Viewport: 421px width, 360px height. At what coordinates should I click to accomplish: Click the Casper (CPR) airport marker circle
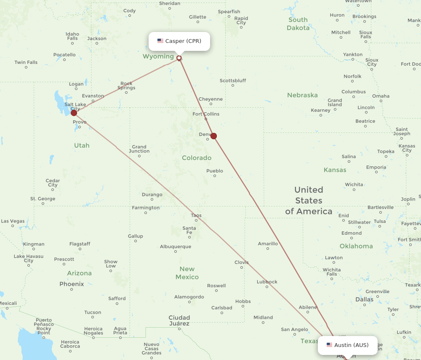click(x=179, y=58)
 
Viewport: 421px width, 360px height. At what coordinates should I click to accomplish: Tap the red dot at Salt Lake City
click(x=74, y=113)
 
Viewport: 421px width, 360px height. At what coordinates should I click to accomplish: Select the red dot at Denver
click(x=213, y=136)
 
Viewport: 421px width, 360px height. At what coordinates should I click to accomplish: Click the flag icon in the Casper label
click(x=160, y=41)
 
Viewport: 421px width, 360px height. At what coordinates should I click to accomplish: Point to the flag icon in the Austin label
click(x=329, y=345)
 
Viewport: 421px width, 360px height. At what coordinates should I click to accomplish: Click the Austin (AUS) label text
click(x=351, y=345)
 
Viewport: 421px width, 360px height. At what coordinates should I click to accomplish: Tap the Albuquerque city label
click(x=176, y=247)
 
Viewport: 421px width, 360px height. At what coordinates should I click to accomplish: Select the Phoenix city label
click(x=72, y=284)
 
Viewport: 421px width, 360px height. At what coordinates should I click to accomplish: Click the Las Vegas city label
click(x=13, y=221)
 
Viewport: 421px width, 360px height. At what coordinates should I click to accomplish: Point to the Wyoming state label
click(x=158, y=56)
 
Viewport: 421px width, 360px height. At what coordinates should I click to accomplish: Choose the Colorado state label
click(x=197, y=158)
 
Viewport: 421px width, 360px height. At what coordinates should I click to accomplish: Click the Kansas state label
click(x=335, y=170)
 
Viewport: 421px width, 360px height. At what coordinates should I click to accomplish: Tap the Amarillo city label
click(x=268, y=244)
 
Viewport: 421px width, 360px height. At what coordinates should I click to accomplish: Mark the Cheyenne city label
click(x=210, y=99)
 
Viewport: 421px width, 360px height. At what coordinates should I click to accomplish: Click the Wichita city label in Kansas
click(x=354, y=185)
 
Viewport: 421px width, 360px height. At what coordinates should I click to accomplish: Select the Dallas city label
click(x=364, y=299)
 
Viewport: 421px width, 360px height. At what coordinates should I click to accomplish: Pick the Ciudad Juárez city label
click(x=179, y=320)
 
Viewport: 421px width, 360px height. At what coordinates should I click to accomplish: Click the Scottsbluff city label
click(x=233, y=80)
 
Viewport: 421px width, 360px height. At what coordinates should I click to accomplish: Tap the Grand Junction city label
click(x=139, y=149)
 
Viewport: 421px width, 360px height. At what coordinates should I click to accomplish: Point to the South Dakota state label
click(x=298, y=24)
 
